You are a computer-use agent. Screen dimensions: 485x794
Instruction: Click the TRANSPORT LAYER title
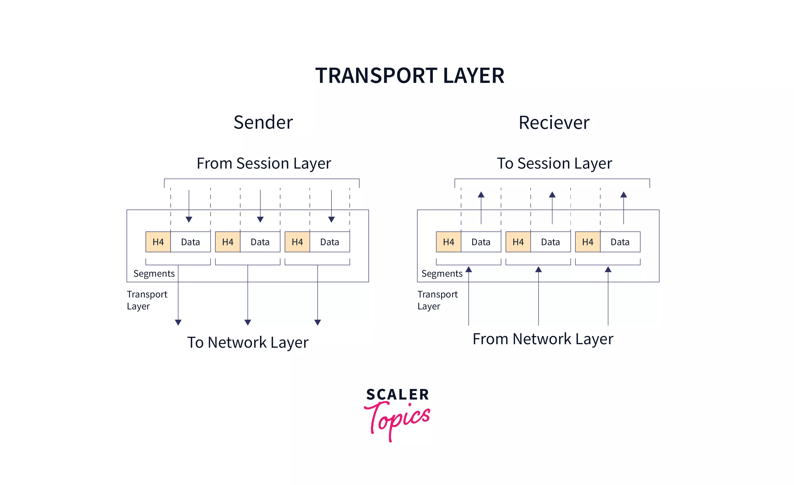(x=409, y=75)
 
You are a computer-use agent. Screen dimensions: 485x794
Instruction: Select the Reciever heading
(x=554, y=123)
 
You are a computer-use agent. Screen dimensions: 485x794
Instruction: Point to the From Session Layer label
(x=264, y=163)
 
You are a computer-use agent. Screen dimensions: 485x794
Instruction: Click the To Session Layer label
(x=554, y=163)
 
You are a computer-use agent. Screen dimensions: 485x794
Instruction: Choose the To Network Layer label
(x=248, y=342)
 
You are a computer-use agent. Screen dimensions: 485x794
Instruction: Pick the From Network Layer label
(x=543, y=339)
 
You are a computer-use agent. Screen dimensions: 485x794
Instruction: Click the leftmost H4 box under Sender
(x=158, y=242)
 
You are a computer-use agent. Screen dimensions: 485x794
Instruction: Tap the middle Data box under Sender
(x=260, y=242)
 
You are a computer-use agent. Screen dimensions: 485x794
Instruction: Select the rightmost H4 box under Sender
(x=297, y=242)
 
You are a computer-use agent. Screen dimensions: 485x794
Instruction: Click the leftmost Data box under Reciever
(x=481, y=242)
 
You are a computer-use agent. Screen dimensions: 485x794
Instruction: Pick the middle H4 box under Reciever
(x=518, y=242)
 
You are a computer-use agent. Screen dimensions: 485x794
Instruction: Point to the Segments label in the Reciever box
(x=442, y=274)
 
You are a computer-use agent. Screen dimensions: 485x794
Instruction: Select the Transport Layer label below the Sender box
(x=147, y=300)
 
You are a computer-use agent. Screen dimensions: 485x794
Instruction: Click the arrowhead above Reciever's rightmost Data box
(x=624, y=195)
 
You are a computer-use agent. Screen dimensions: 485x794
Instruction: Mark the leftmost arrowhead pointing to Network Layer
(x=178, y=322)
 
